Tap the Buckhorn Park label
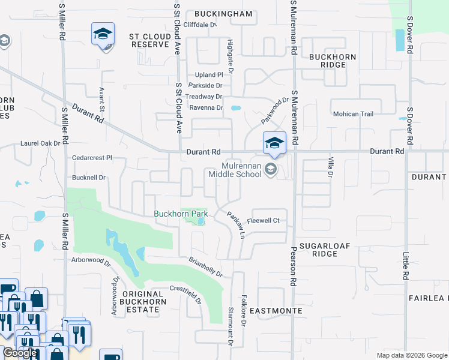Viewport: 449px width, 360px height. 181,214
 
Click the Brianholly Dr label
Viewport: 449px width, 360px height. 205,267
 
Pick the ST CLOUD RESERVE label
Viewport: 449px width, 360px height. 150,40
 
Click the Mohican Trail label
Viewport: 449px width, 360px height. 353,113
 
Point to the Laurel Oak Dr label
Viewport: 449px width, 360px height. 40,143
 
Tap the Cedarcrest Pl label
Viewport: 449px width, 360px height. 92,158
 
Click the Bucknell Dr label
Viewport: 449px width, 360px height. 88,178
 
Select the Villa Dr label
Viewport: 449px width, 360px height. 330,166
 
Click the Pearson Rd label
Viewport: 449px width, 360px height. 294,265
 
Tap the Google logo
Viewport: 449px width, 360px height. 19,353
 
